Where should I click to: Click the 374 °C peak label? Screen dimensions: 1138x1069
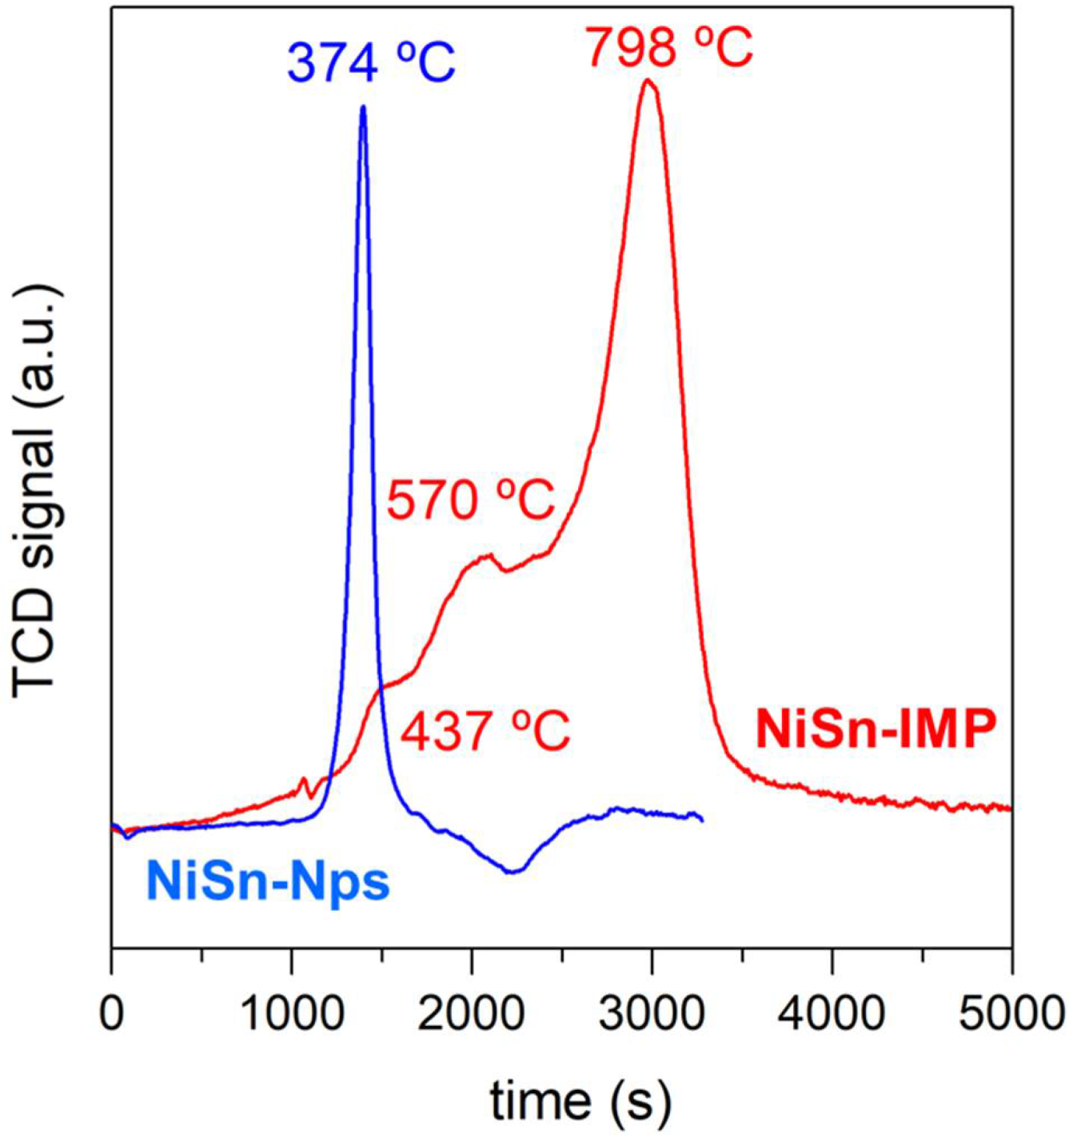point(371,62)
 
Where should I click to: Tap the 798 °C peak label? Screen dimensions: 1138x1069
point(668,46)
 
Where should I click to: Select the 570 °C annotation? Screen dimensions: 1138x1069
point(471,501)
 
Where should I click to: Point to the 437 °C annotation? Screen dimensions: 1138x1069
point(485,731)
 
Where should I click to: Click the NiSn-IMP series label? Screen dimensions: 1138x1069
point(876,729)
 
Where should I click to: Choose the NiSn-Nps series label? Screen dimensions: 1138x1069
point(268,882)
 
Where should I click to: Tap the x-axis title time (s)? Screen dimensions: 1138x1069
point(580,1101)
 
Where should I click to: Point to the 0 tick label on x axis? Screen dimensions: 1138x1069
point(112,1014)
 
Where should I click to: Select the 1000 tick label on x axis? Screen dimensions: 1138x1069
point(292,1014)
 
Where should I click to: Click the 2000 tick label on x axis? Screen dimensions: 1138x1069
point(472,1014)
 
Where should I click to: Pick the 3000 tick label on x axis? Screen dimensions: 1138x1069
point(652,1014)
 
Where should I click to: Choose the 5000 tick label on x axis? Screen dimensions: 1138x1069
point(1011,1014)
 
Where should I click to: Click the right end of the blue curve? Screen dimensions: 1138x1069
point(702,821)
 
